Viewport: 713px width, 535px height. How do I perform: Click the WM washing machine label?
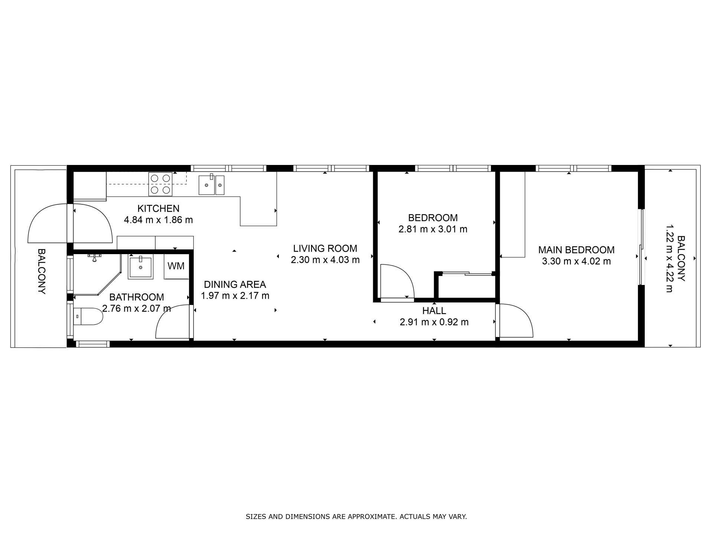tap(176, 266)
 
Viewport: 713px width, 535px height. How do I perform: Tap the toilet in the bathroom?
tap(88, 317)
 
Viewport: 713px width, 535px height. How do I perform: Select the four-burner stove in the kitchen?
tap(160, 184)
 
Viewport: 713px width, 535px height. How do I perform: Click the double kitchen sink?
tap(211, 185)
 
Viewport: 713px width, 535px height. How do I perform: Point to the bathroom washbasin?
tap(140, 267)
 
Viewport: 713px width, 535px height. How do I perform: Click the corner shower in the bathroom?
tap(98, 274)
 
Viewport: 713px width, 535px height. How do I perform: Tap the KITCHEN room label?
tap(159, 208)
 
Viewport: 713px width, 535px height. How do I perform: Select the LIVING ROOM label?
tap(325, 248)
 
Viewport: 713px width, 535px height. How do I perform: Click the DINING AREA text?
tap(235, 285)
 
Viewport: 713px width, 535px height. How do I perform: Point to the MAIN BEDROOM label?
tap(576, 250)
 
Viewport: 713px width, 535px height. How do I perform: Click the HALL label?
tap(434, 311)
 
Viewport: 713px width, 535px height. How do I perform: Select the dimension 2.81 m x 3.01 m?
tap(433, 229)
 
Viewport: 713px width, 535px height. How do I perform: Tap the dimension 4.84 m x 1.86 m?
tap(159, 220)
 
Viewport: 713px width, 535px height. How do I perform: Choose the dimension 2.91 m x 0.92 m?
tap(434, 322)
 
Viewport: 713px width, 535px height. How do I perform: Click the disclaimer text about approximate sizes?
tap(356, 516)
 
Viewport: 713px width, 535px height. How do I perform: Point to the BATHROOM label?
tap(137, 297)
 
